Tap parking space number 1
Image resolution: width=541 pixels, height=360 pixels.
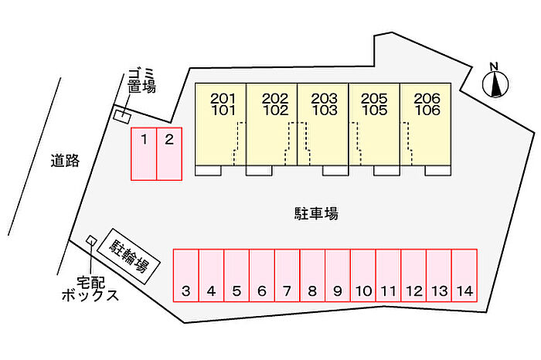(x=144, y=154)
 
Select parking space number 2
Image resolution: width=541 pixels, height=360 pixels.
(x=169, y=154)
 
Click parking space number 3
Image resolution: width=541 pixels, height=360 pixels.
(x=185, y=275)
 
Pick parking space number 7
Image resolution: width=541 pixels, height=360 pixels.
(x=287, y=275)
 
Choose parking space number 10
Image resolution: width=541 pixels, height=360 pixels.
(x=363, y=275)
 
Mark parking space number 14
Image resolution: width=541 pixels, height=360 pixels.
(x=464, y=275)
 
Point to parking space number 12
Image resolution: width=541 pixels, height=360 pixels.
(x=413, y=275)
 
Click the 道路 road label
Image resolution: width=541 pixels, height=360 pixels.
(x=65, y=161)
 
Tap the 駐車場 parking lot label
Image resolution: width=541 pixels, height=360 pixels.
(x=316, y=213)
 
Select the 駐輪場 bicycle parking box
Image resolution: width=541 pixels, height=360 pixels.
(x=129, y=256)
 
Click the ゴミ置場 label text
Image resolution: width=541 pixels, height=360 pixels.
(x=141, y=81)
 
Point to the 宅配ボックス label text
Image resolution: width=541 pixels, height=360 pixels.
(x=90, y=289)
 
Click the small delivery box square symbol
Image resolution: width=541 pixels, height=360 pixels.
(x=91, y=240)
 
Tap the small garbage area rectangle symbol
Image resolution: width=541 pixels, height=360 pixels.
(x=122, y=116)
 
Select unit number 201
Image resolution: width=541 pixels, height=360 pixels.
(x=223, y=99)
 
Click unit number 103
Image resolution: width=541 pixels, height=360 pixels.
(x=325, y=110)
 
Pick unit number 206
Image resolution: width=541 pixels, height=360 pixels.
(x=427, y=99)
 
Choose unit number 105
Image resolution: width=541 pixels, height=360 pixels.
(x=374, y=110)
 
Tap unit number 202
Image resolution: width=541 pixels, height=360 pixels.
(x=275, y=99)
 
